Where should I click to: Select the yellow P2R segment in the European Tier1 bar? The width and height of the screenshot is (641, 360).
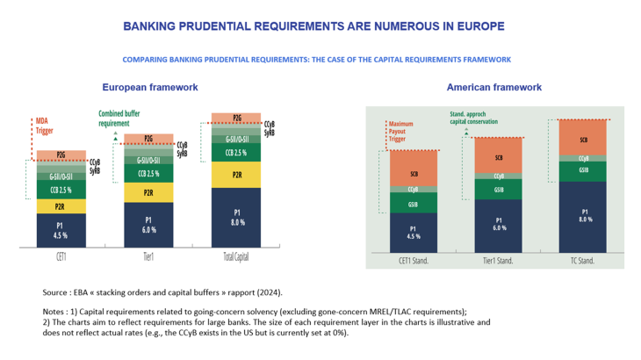[148, 191]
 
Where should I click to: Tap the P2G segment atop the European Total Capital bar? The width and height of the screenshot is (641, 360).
[237, 118]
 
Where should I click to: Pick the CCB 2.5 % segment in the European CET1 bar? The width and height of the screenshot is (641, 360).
[60, 190]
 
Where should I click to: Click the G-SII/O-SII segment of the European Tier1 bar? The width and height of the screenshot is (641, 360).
[148, 159]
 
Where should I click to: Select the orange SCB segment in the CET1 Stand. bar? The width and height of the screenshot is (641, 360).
[414, 174]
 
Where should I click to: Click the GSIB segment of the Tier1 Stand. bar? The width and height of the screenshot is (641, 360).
[499, 190]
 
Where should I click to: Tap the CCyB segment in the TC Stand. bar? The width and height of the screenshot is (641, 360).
[583, 158]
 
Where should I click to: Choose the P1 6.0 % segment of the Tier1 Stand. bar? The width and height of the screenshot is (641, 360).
[499, 225]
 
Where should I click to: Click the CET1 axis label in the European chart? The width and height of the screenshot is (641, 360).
[60, 260]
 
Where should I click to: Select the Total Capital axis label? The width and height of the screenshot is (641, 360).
[237, 260]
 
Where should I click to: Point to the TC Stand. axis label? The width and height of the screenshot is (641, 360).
[583, 261]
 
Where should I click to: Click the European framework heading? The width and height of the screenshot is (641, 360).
[150, 88]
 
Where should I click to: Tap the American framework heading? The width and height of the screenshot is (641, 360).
[493, 88]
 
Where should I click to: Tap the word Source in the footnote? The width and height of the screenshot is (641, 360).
[56, 292]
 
